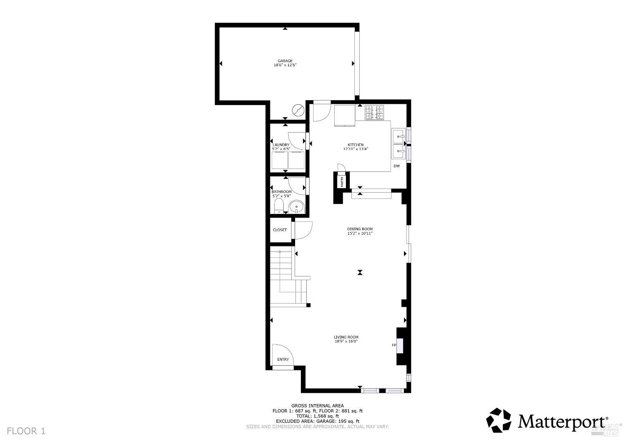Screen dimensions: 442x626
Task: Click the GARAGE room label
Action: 285,61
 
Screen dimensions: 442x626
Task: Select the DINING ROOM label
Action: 360,229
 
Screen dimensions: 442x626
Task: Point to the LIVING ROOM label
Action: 346,337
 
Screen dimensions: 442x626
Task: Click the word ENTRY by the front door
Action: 283,359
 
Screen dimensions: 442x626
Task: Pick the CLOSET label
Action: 280,230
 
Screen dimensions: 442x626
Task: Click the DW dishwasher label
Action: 396,166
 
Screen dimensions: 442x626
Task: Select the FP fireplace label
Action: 394,345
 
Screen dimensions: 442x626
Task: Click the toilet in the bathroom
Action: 279,206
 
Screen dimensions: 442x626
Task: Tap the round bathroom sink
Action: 297,206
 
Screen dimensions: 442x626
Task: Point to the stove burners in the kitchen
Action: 374,113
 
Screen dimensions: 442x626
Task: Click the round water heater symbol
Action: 298,110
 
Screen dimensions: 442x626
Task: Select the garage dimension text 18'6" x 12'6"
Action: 285,65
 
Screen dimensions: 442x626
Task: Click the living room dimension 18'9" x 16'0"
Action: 346,342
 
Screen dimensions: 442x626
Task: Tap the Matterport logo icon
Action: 499,420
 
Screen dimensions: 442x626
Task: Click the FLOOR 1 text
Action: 26,431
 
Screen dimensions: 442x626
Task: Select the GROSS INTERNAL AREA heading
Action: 318,405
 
